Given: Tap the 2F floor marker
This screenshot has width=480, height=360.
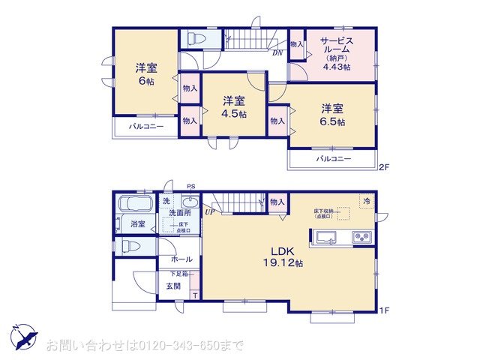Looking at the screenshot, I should (382, 166).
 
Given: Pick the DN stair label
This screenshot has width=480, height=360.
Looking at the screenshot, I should (277, 53).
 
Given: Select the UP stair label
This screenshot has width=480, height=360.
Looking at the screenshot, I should (208, 212).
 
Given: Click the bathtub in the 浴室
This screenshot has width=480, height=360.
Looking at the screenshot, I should (136, 204).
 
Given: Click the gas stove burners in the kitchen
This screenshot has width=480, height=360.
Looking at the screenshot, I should (361, 238).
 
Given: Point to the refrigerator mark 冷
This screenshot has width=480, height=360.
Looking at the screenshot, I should (367, 201).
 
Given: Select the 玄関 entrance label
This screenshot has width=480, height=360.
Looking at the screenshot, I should (163, 286).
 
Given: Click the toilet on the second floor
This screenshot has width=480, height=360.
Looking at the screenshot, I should (197, 37).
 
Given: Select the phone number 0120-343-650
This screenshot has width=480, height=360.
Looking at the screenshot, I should (184, 346).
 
